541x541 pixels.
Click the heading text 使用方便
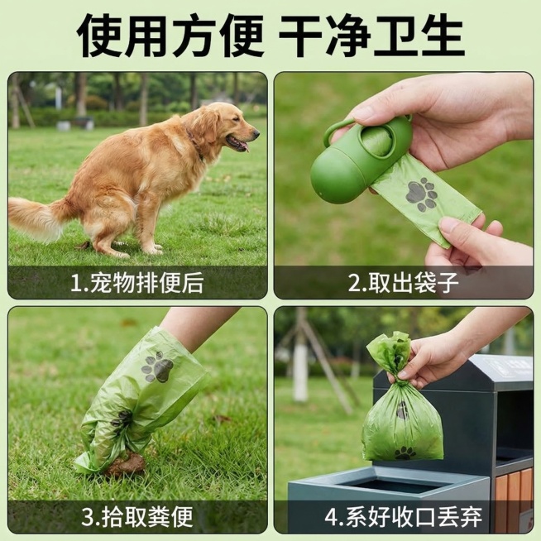point(170,35)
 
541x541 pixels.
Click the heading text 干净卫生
point(371,35)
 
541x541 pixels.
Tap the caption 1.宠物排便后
point(137,284)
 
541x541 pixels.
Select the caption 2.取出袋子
point(403,284)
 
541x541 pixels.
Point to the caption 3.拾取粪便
point(137,518)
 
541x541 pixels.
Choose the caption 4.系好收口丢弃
point(403,518)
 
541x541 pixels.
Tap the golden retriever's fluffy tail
point(38,218)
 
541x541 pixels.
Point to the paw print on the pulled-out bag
point(422,194)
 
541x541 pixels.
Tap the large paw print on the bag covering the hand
point(157,366)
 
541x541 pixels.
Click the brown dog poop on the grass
point(126,465)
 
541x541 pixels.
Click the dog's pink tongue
point(242,146)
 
